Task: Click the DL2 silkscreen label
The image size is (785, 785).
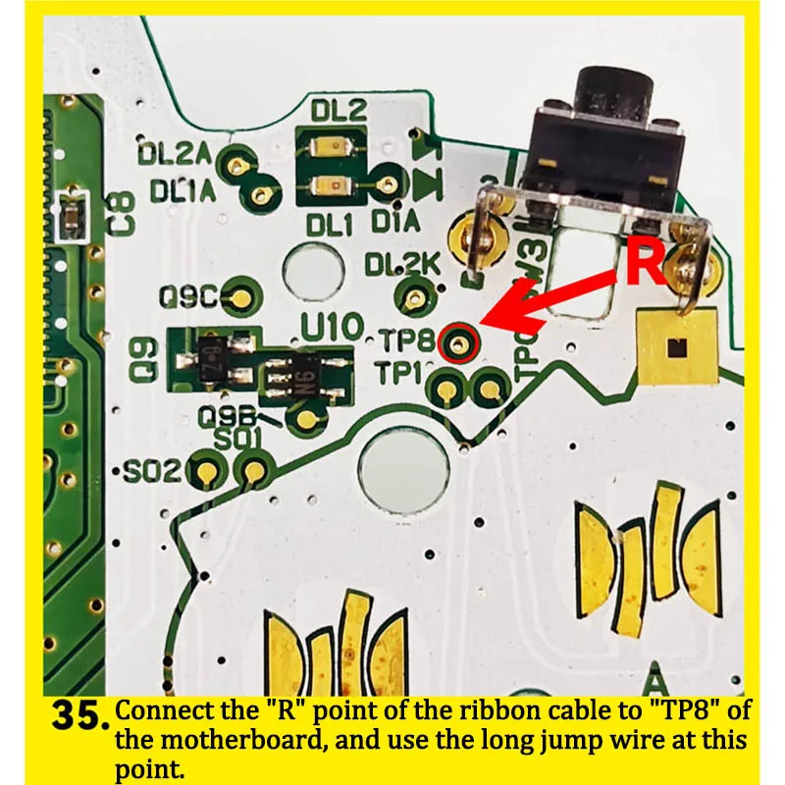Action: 339,111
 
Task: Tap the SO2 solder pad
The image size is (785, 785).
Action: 205,473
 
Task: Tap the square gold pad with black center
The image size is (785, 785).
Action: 675,346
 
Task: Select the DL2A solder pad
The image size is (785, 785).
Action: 236,164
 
